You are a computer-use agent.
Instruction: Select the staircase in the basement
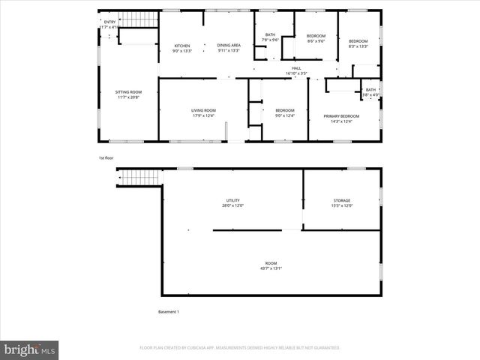pos(137,178)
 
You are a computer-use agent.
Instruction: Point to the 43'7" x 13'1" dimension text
pos(270,268)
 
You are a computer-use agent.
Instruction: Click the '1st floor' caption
pos(106,158)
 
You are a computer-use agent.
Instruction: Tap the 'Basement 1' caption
pos(168,312)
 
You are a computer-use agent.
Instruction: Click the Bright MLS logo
pos(30,349)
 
